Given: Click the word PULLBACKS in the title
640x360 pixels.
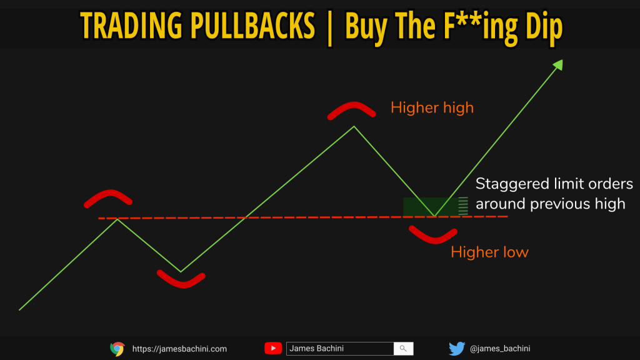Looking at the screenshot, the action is coord(252,25).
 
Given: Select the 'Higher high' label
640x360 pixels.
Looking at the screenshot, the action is coord(432,107).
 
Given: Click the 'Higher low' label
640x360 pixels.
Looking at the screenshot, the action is coord(489,252).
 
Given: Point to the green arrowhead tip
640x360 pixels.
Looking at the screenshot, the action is coord(563,59).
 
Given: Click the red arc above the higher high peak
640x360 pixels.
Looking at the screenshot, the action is coord(351,107).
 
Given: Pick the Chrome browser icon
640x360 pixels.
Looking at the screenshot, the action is coord(117,349).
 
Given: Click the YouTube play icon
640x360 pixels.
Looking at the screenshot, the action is coord(273,348).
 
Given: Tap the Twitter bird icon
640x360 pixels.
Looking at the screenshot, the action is coord(457,349).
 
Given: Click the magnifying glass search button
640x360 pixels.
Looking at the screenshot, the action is coord(403,349).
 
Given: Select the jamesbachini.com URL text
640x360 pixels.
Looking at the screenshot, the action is coord(179,349).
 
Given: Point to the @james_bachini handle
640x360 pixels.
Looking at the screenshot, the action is coord(500,349).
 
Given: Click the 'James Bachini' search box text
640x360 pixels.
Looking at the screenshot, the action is coord(316,348).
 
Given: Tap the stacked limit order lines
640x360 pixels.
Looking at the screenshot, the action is coord(463,206).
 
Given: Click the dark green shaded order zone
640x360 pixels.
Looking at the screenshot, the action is coord(431,206).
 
